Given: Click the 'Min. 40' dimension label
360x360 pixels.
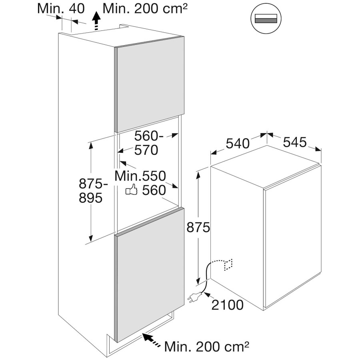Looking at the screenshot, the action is click(x=61, y=9).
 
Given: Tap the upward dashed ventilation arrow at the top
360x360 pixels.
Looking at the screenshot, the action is click(x=96, y=21).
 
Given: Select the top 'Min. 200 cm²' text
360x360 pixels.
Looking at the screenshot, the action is click(x=145, y=9).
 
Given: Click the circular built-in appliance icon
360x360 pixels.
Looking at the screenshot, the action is click(x=266, y=18).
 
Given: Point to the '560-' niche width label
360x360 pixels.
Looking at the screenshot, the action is click(x=149, y=136).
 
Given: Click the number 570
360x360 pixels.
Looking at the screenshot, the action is click(x=146, y=150).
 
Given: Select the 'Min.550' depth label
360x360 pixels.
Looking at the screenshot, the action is click(x=140, y=176).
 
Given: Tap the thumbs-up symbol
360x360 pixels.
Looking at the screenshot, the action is click(x=131, y=190).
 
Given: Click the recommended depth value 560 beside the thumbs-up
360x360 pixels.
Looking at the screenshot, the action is click(x=154, y=190).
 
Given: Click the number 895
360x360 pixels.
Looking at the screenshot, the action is click(x=90, y=198).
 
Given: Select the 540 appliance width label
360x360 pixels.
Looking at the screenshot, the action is click(x=237, y=144).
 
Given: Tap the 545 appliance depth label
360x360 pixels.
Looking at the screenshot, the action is click(x=294, y=142).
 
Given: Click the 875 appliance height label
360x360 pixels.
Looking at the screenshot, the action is click(x=198, y=228).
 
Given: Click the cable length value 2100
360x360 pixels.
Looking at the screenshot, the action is click(x=227, y=305).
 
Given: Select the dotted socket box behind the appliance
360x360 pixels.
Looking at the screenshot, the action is click(x=228, y=265).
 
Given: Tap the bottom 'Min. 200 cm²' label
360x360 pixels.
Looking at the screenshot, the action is click(x=207, y=347).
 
